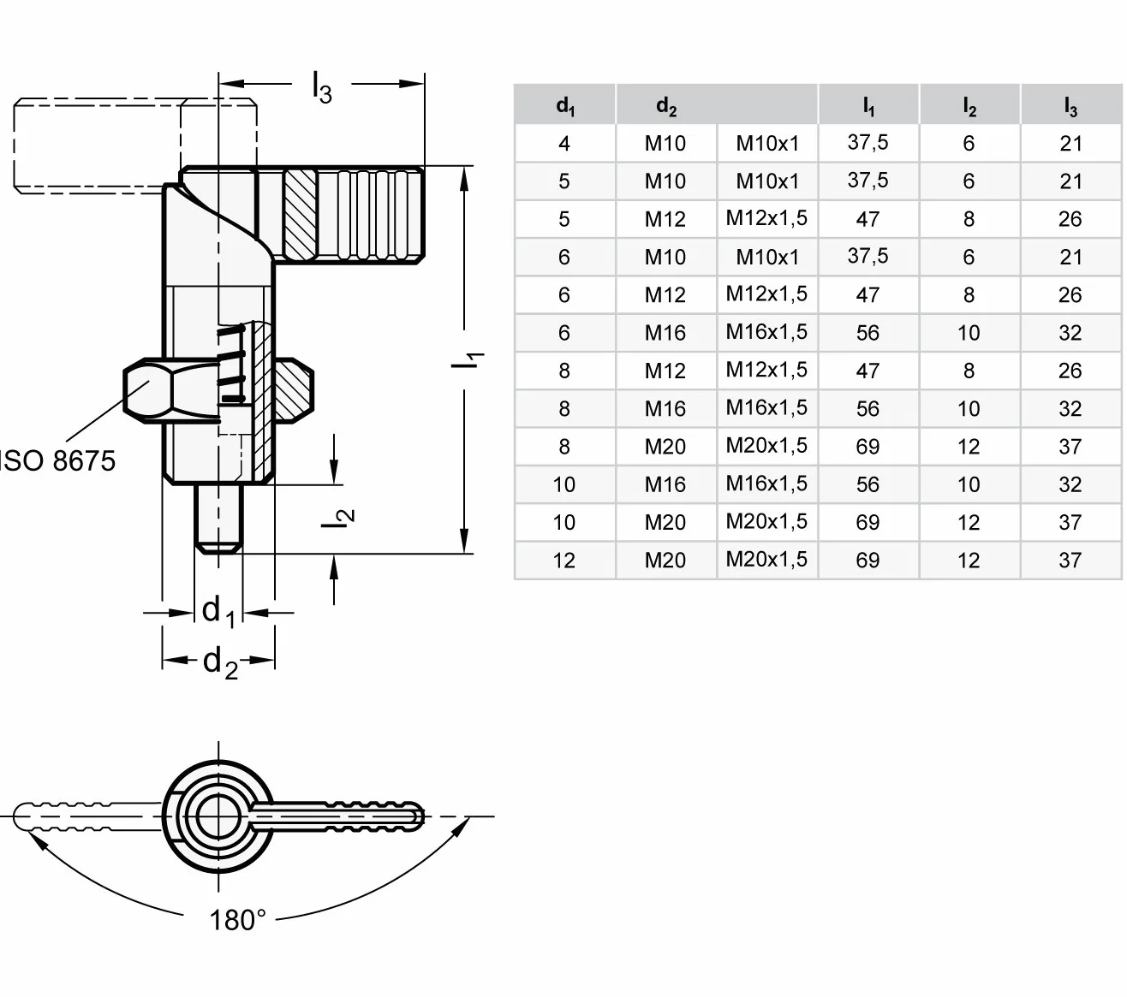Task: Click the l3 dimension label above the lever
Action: coord(321,87)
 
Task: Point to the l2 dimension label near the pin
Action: coord(337,518)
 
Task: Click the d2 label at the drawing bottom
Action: coord(220,662)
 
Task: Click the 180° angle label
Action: coord(237,920)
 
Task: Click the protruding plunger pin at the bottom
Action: coord(218,519)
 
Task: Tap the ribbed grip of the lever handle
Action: coord(371,215)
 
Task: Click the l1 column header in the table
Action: coord(868,104)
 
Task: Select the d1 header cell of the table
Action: coord(564,104)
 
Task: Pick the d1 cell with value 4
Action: coord(564,144)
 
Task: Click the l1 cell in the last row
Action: coord(868,560)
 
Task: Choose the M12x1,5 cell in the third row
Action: coord(766,218)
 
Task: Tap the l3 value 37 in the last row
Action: coord(1070,560)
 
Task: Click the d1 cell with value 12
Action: coord(564,560)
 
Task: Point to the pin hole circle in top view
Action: coord(218,816)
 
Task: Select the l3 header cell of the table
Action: coord(1070,104)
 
